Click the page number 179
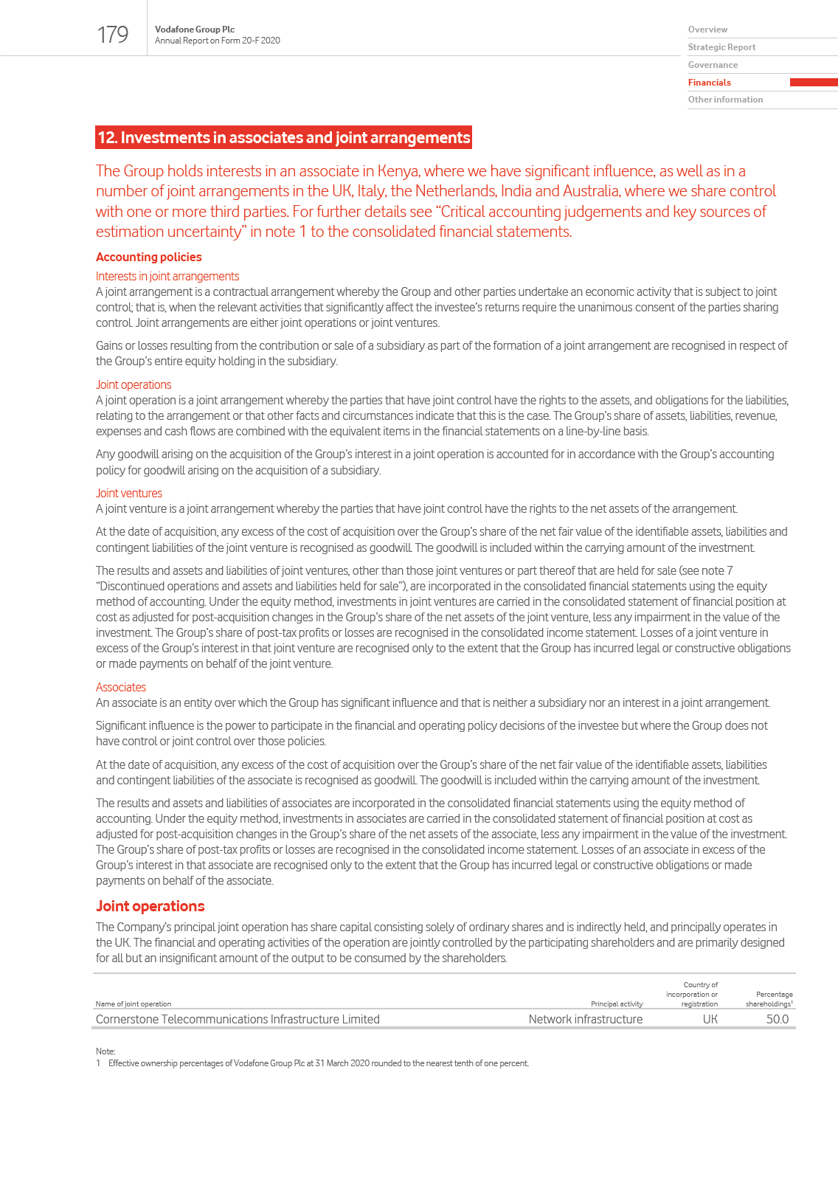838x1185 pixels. pyautogui.click(x=113, y=35)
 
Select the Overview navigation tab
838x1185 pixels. pyautogui.click(x=707, y=30)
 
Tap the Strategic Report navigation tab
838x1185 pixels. pyautogui.click(x=721, y=47)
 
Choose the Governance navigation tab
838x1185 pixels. pyautogui.click(x=713, y=65)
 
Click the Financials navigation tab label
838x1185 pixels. pyautogui.click(x=710, y=83)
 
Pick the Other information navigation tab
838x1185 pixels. pyautogui.click(x=725, y=100)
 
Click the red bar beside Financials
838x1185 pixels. pyautogui.click(x=813, y=83)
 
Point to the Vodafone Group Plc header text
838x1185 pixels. pyautogui.click(x=195, y=30)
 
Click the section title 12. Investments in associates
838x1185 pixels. pyautogui.click(x=284, y=138)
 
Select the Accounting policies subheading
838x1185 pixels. pyautogui.click(x=149, y=257)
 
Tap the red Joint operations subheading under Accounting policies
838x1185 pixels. pyautogui.click(x=134, y=384)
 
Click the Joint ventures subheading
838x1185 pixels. pyautogui.click(x=129, y=493)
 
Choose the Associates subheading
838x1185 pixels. pyautogui.click(x=121, y=687)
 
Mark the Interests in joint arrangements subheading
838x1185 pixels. pyautogui.click(x=167, y=276)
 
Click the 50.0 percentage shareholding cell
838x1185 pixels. pyautogui.click(x=777, y=1019)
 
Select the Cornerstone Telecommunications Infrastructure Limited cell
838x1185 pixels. pyautogui.click(x=238, y=1019)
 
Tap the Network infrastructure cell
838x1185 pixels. pyautogui.click(x=585, y=1019)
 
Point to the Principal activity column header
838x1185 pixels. pyautogui.click(x=616, y=1003)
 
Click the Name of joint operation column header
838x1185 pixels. pyautogui.click(x=134, y=1003)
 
